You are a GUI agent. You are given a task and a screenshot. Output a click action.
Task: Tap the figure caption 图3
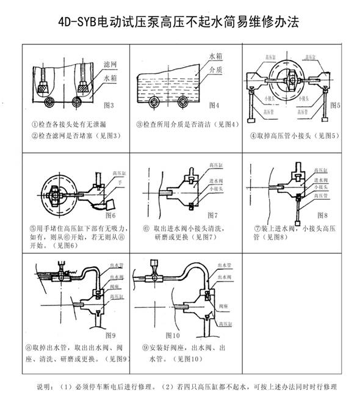point(109,105)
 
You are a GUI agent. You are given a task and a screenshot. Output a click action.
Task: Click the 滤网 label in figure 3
point(109,64)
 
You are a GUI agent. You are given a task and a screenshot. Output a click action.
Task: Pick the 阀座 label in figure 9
point(115,285)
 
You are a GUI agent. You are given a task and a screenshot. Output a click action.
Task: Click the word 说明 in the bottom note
point(45,387)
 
